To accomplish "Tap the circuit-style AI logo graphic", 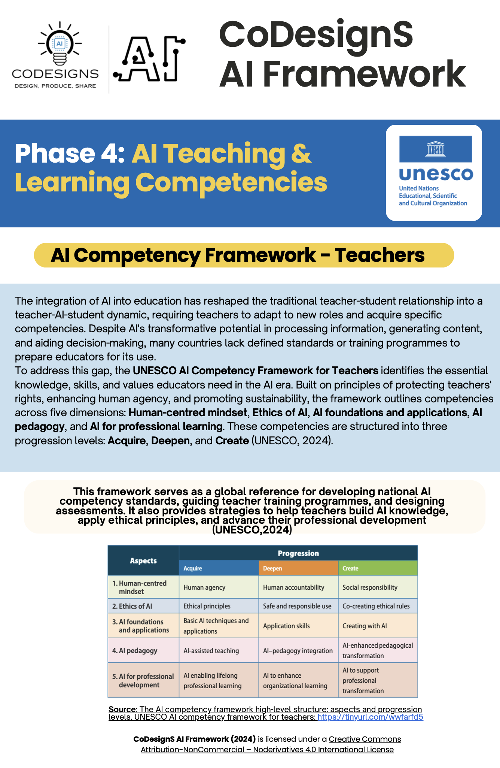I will click(x=149, y=59).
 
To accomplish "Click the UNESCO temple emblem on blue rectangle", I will click(x=435, y=149).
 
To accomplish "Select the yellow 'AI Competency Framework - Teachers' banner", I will click(x=244, y=255).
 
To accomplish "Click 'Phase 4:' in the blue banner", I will click(x=70, y=154).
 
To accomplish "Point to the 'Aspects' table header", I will click(x=143, y=561).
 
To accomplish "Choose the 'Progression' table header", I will click(x=298, y=553).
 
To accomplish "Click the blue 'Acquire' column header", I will click(x=219, y=568).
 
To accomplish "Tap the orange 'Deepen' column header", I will click(x=298, y=568).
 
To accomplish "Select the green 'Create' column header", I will click(x=378, y=568).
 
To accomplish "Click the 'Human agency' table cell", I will click(x=204, y=587).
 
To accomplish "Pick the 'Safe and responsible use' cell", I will click(x=297, y=606).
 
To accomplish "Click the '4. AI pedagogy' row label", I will click(x=135, y=651).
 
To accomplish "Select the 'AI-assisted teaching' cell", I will click(x=211, y=651).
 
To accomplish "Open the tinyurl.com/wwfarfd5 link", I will click(x=370, y=717).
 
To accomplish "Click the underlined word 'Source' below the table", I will click(x=122, y=709).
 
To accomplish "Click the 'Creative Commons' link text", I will click(x=365, y=739).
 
